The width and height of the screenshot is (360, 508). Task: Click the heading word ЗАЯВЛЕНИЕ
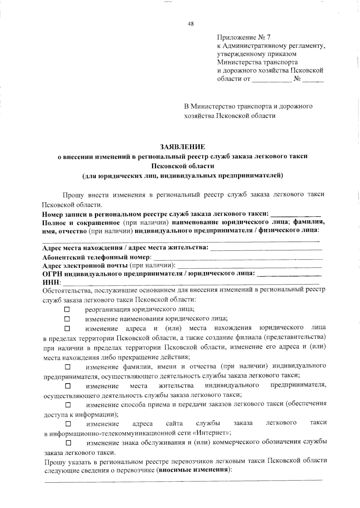[182, 147]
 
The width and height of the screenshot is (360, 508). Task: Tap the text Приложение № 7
[243, 37]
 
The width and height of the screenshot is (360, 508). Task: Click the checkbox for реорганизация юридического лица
[67, 309]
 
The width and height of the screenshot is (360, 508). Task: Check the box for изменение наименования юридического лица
[67, 319]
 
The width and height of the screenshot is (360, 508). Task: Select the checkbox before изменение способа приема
[68, 405]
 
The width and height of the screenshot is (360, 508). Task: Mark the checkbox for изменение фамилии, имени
[67, 367]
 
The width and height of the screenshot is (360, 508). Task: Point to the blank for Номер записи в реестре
[296, 215]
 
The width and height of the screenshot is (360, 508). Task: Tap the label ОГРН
[52, 273]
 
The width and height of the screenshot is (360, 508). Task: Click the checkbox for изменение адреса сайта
[68, 424]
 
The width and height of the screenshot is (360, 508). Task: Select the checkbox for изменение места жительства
[68, 385]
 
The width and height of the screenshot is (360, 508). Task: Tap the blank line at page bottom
[183, 480]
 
